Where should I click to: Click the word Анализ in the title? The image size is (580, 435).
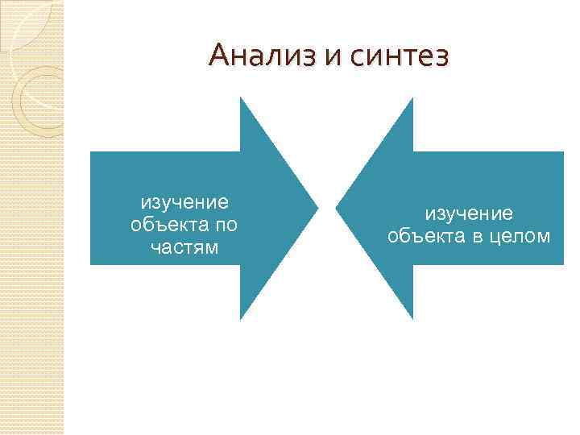[258, 56]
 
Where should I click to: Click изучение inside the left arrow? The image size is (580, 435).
[184, 201]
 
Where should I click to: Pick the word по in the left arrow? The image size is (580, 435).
[226, 224]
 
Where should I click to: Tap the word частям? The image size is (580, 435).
[184, 247]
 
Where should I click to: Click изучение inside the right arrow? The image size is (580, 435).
[469, 213]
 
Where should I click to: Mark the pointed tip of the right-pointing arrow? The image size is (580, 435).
[318, 209]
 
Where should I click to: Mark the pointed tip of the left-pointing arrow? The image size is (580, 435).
[336, 209]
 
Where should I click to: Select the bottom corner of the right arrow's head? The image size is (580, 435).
[412, 319]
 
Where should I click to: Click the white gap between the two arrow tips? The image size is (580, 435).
[327, 209]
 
